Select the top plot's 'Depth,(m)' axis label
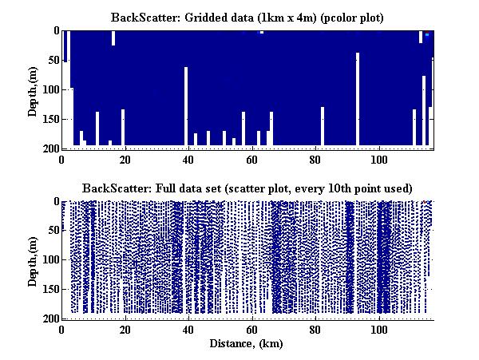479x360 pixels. [x=33, y=89]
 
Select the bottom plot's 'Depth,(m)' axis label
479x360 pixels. [x=33, y=260]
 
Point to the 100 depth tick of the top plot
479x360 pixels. [x=49, y=89]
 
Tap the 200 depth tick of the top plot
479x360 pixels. [x=49, y=148]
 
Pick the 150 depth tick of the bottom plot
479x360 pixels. [x=49, y=290]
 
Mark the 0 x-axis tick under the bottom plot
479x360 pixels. [x=62, y=329]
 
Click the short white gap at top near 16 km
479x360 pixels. [x=113, y=38]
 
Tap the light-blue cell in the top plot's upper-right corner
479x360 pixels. [x=427, y=34]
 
